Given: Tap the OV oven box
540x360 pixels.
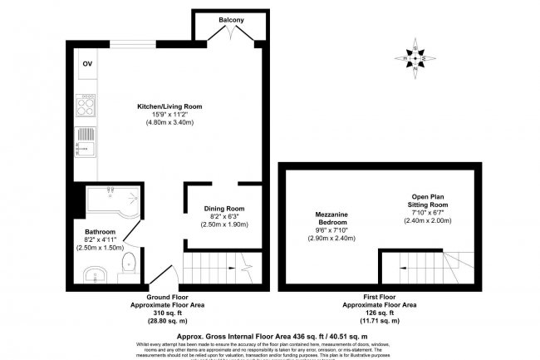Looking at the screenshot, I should click(x=86, y=63).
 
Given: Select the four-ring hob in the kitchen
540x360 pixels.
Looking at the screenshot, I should click(x=86, y=106).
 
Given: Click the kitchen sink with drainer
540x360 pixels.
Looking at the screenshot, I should click(x=85, y=144).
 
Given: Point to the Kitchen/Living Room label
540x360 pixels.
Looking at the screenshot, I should click(x=169, y=106).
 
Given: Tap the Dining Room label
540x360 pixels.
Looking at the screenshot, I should click(x=224, y=209).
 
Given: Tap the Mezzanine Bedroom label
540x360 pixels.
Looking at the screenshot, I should click(x=331, y=219).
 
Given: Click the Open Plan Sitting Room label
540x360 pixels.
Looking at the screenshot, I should click(x=427, y=200).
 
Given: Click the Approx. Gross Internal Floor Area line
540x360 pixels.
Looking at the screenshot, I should click(x=268, y=329).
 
